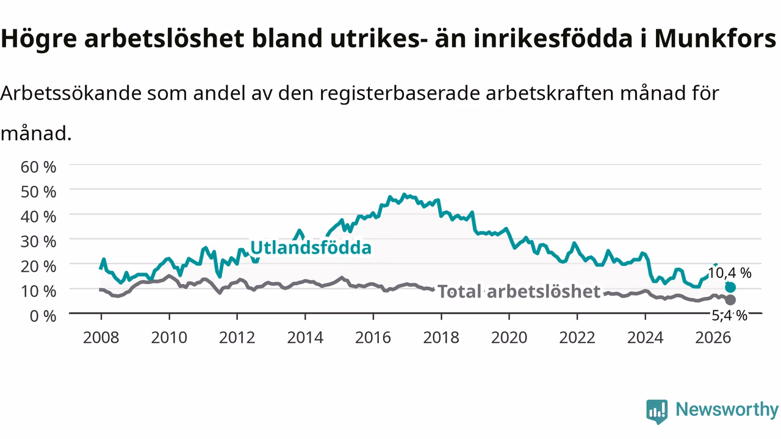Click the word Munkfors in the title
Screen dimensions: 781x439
pyautogui.click(x=715, y=38)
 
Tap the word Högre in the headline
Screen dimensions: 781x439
pyautogui.click(x=38, y=39)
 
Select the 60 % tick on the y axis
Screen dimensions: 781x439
pyautogui.click(x=38, y=167)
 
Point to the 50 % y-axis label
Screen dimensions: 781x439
pyautogui.click(x=38, y=192)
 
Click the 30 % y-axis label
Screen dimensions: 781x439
pyautogui.click(x=38, y=241)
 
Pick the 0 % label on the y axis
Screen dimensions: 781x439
pyautogui.click(x=43, y=316)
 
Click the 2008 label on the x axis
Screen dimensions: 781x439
pyautogui.click(x=101, y=338)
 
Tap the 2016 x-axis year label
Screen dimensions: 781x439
pyautogui.click(x=373, y=338)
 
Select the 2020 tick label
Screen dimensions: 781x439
pyautogui.click(x=509, y=338)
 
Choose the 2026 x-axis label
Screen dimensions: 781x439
pyautogui.click(x=713, y=338)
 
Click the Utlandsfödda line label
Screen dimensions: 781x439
pyautogui.click(x=311, y=248)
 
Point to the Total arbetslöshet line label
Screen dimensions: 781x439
pyautogui.click(x=519, y=291)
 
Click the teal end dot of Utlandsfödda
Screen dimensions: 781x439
pyautogui.click(x=730, y=287)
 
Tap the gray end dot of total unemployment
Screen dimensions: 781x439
pyautogui.click(x=730, y=300)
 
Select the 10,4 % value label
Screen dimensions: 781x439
pyautogui.click(x=729, y=273)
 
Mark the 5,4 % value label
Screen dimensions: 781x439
pyautogui.click(x=729, y=316)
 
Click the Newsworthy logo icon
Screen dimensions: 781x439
pyautogui.click(x=657, y=412)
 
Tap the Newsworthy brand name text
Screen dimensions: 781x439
pyautogui.click(x=727, y=409)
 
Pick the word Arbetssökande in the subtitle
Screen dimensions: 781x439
pyautogui.click(x=71, y=93)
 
